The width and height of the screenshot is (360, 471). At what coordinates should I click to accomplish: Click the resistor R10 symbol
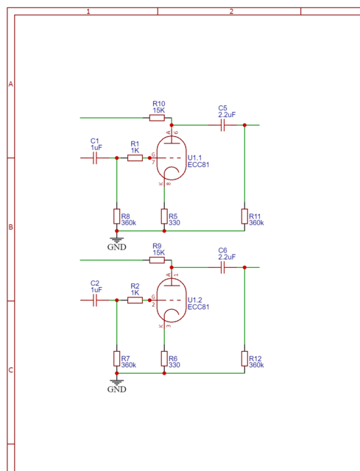tap(158, 117)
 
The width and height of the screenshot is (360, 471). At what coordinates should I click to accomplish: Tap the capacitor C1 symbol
tap(95, 157)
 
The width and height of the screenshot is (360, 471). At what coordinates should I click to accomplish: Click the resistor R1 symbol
tap(135, 157)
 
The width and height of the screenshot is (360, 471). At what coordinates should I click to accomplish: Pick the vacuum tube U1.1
tap(171, 157)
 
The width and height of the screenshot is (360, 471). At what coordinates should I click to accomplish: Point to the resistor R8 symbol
tap(116, 216)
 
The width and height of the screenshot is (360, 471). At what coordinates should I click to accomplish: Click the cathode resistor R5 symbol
tap(164, 216)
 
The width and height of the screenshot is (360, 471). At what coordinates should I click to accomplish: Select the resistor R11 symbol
tap(244, 216)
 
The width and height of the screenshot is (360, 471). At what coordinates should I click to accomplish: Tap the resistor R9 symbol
tap(158, 260)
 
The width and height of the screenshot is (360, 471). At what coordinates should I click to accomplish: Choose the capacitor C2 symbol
tap(95, 300)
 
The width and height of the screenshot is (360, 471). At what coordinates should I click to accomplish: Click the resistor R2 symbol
tap(135, 300)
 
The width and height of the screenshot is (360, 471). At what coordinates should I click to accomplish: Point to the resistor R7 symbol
tap(116, 358)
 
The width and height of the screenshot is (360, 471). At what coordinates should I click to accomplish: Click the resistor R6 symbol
tap(164, 358)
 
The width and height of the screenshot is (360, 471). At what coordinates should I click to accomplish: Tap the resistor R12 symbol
tap(244, 358)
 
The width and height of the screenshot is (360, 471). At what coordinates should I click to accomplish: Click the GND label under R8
tap(116, 247)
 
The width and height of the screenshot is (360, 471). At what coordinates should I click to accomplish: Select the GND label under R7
tap(116, 389)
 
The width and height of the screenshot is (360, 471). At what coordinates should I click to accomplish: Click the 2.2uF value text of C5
tap(227, 115)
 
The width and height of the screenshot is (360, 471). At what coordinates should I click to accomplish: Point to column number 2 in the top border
tap(231, 12)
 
